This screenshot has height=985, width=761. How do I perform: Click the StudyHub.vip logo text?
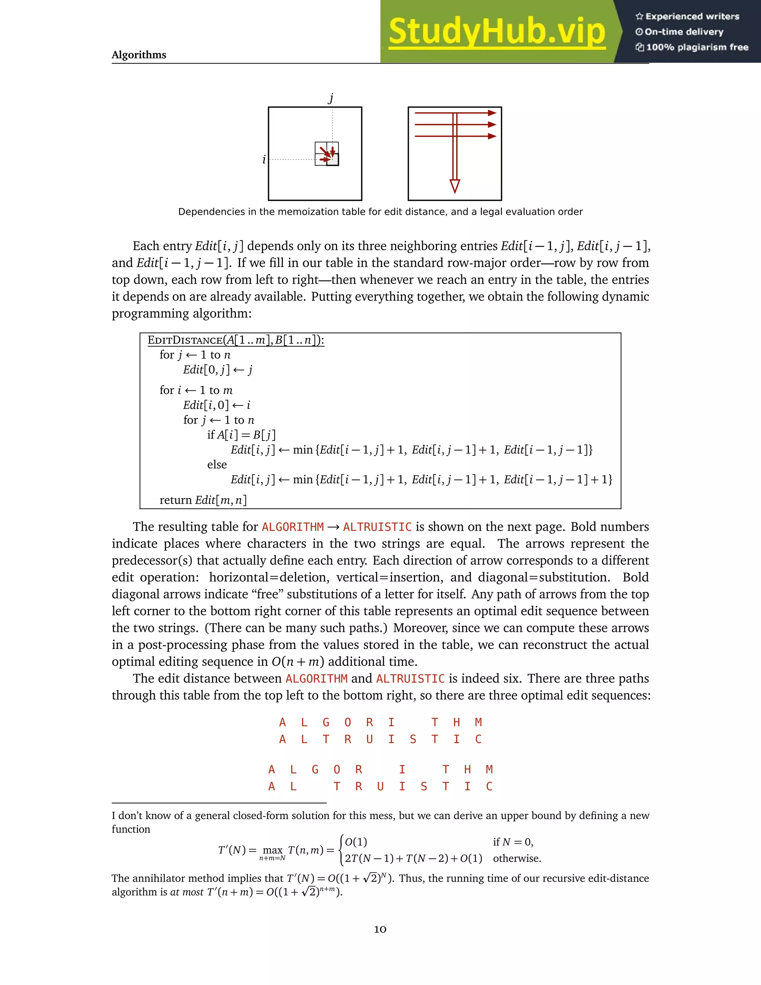pyautogui.click(x=497, y=32)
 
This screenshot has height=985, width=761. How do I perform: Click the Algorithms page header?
pyautogui.click(x=139, y=55)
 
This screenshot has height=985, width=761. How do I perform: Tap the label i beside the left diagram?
pyautogui.click(x=264, y=159)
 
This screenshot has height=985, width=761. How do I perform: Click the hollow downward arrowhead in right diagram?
pyautogui.click(x=454, y=186)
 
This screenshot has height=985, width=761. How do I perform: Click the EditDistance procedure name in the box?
pyautogui.click(x=185, y=340)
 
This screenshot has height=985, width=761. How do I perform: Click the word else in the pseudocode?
pyautogui.click(x=217, y=465)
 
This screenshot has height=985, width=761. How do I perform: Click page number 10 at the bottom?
pyautogui.click(x=380, y=929)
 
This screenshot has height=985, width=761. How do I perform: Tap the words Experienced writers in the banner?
pyautogui.click(x=692, y=17)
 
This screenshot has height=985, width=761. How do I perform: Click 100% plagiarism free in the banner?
pyautogui.click(x=697, y=47)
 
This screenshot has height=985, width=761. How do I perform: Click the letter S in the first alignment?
pyautogui.click(x=413, y=739)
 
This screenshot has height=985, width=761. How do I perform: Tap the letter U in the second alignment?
pyautogui.click(x=380, y=787)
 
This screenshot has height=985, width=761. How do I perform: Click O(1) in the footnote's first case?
pyautogui.click(x=356, y=842)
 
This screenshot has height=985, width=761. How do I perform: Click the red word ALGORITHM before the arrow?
pyautogui.click(x=292, y=527)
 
